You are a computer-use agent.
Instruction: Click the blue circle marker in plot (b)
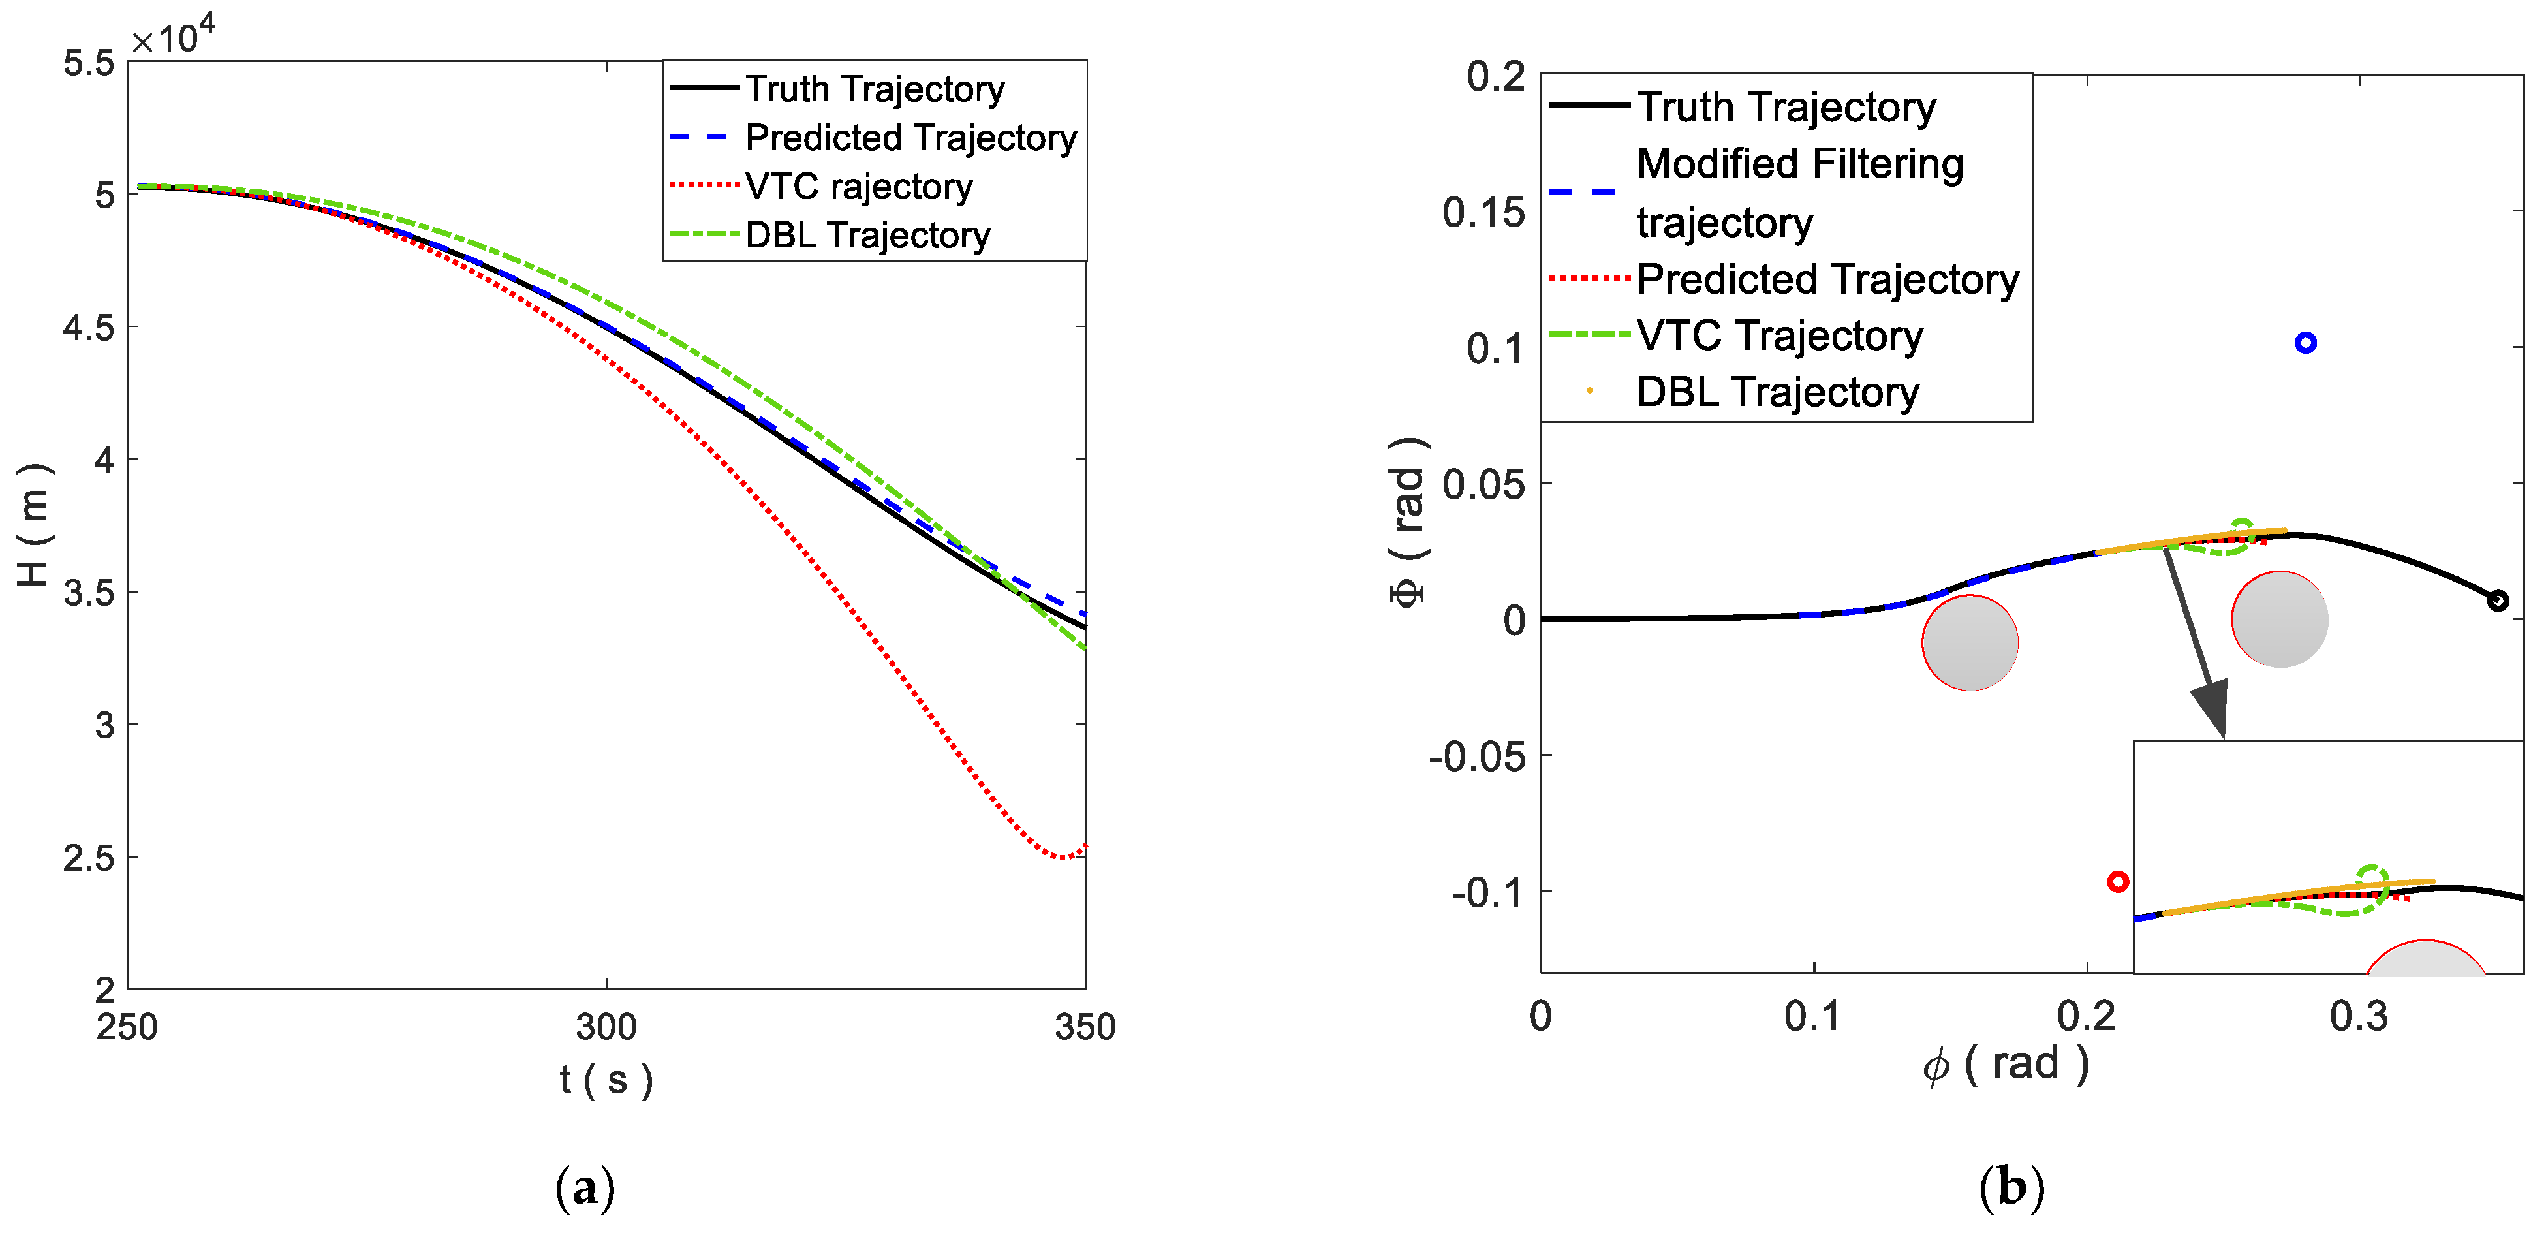pos(2305,343)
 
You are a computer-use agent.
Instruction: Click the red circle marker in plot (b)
pos(2117,881)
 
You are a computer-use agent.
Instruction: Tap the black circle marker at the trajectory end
pos(2498,600)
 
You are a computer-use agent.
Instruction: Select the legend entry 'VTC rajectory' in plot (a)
pos(858,186)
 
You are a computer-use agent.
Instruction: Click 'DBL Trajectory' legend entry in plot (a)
pos(867,236)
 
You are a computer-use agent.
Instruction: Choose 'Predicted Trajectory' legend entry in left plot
pos(909,138)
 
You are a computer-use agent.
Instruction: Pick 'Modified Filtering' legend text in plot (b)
pos(1799,164)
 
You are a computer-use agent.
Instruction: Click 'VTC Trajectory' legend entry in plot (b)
pos(1779,336)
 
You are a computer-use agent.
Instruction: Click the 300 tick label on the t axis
pos(606,1027)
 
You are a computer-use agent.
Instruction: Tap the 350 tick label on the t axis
pos(1084,1027)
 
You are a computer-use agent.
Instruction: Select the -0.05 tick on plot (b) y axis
pos(1476,757)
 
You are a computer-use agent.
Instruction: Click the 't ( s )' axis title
pos(606,1080)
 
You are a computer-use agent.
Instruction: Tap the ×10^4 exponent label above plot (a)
pos(173,38)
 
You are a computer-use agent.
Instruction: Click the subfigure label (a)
pos(585,1187)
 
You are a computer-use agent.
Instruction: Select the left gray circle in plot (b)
pos(1970,643)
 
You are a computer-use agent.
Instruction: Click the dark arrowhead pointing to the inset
pos(2211,706)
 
